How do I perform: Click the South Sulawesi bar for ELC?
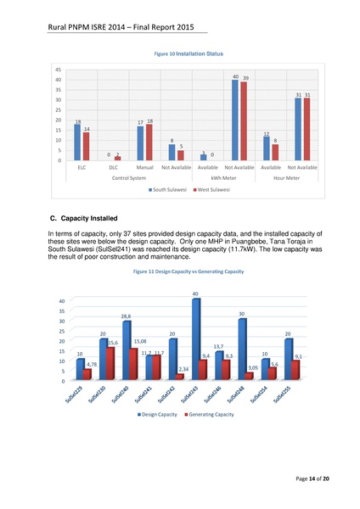click(78, 143)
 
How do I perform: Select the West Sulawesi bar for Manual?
click(149, 143)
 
